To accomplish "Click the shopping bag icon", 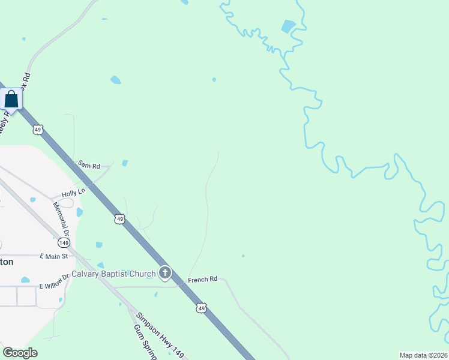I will [11, 98].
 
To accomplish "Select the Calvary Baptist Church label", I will [113, 274].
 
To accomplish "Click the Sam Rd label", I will [88, 164].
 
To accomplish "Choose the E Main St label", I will [55, 256].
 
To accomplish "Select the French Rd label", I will [202, 280].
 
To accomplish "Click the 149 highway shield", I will [64, 242].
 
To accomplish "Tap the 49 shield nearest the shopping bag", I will [38, 129].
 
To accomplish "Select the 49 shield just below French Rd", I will [201, 308].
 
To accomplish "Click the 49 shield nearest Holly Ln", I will [120, 220].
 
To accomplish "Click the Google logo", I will [20, 353].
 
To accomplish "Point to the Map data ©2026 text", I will [423, 355].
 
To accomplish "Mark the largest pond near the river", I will [289, 26].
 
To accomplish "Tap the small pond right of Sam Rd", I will [125, 163].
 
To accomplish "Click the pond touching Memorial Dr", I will [79, 212].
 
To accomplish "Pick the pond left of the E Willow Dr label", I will [25, 280].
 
